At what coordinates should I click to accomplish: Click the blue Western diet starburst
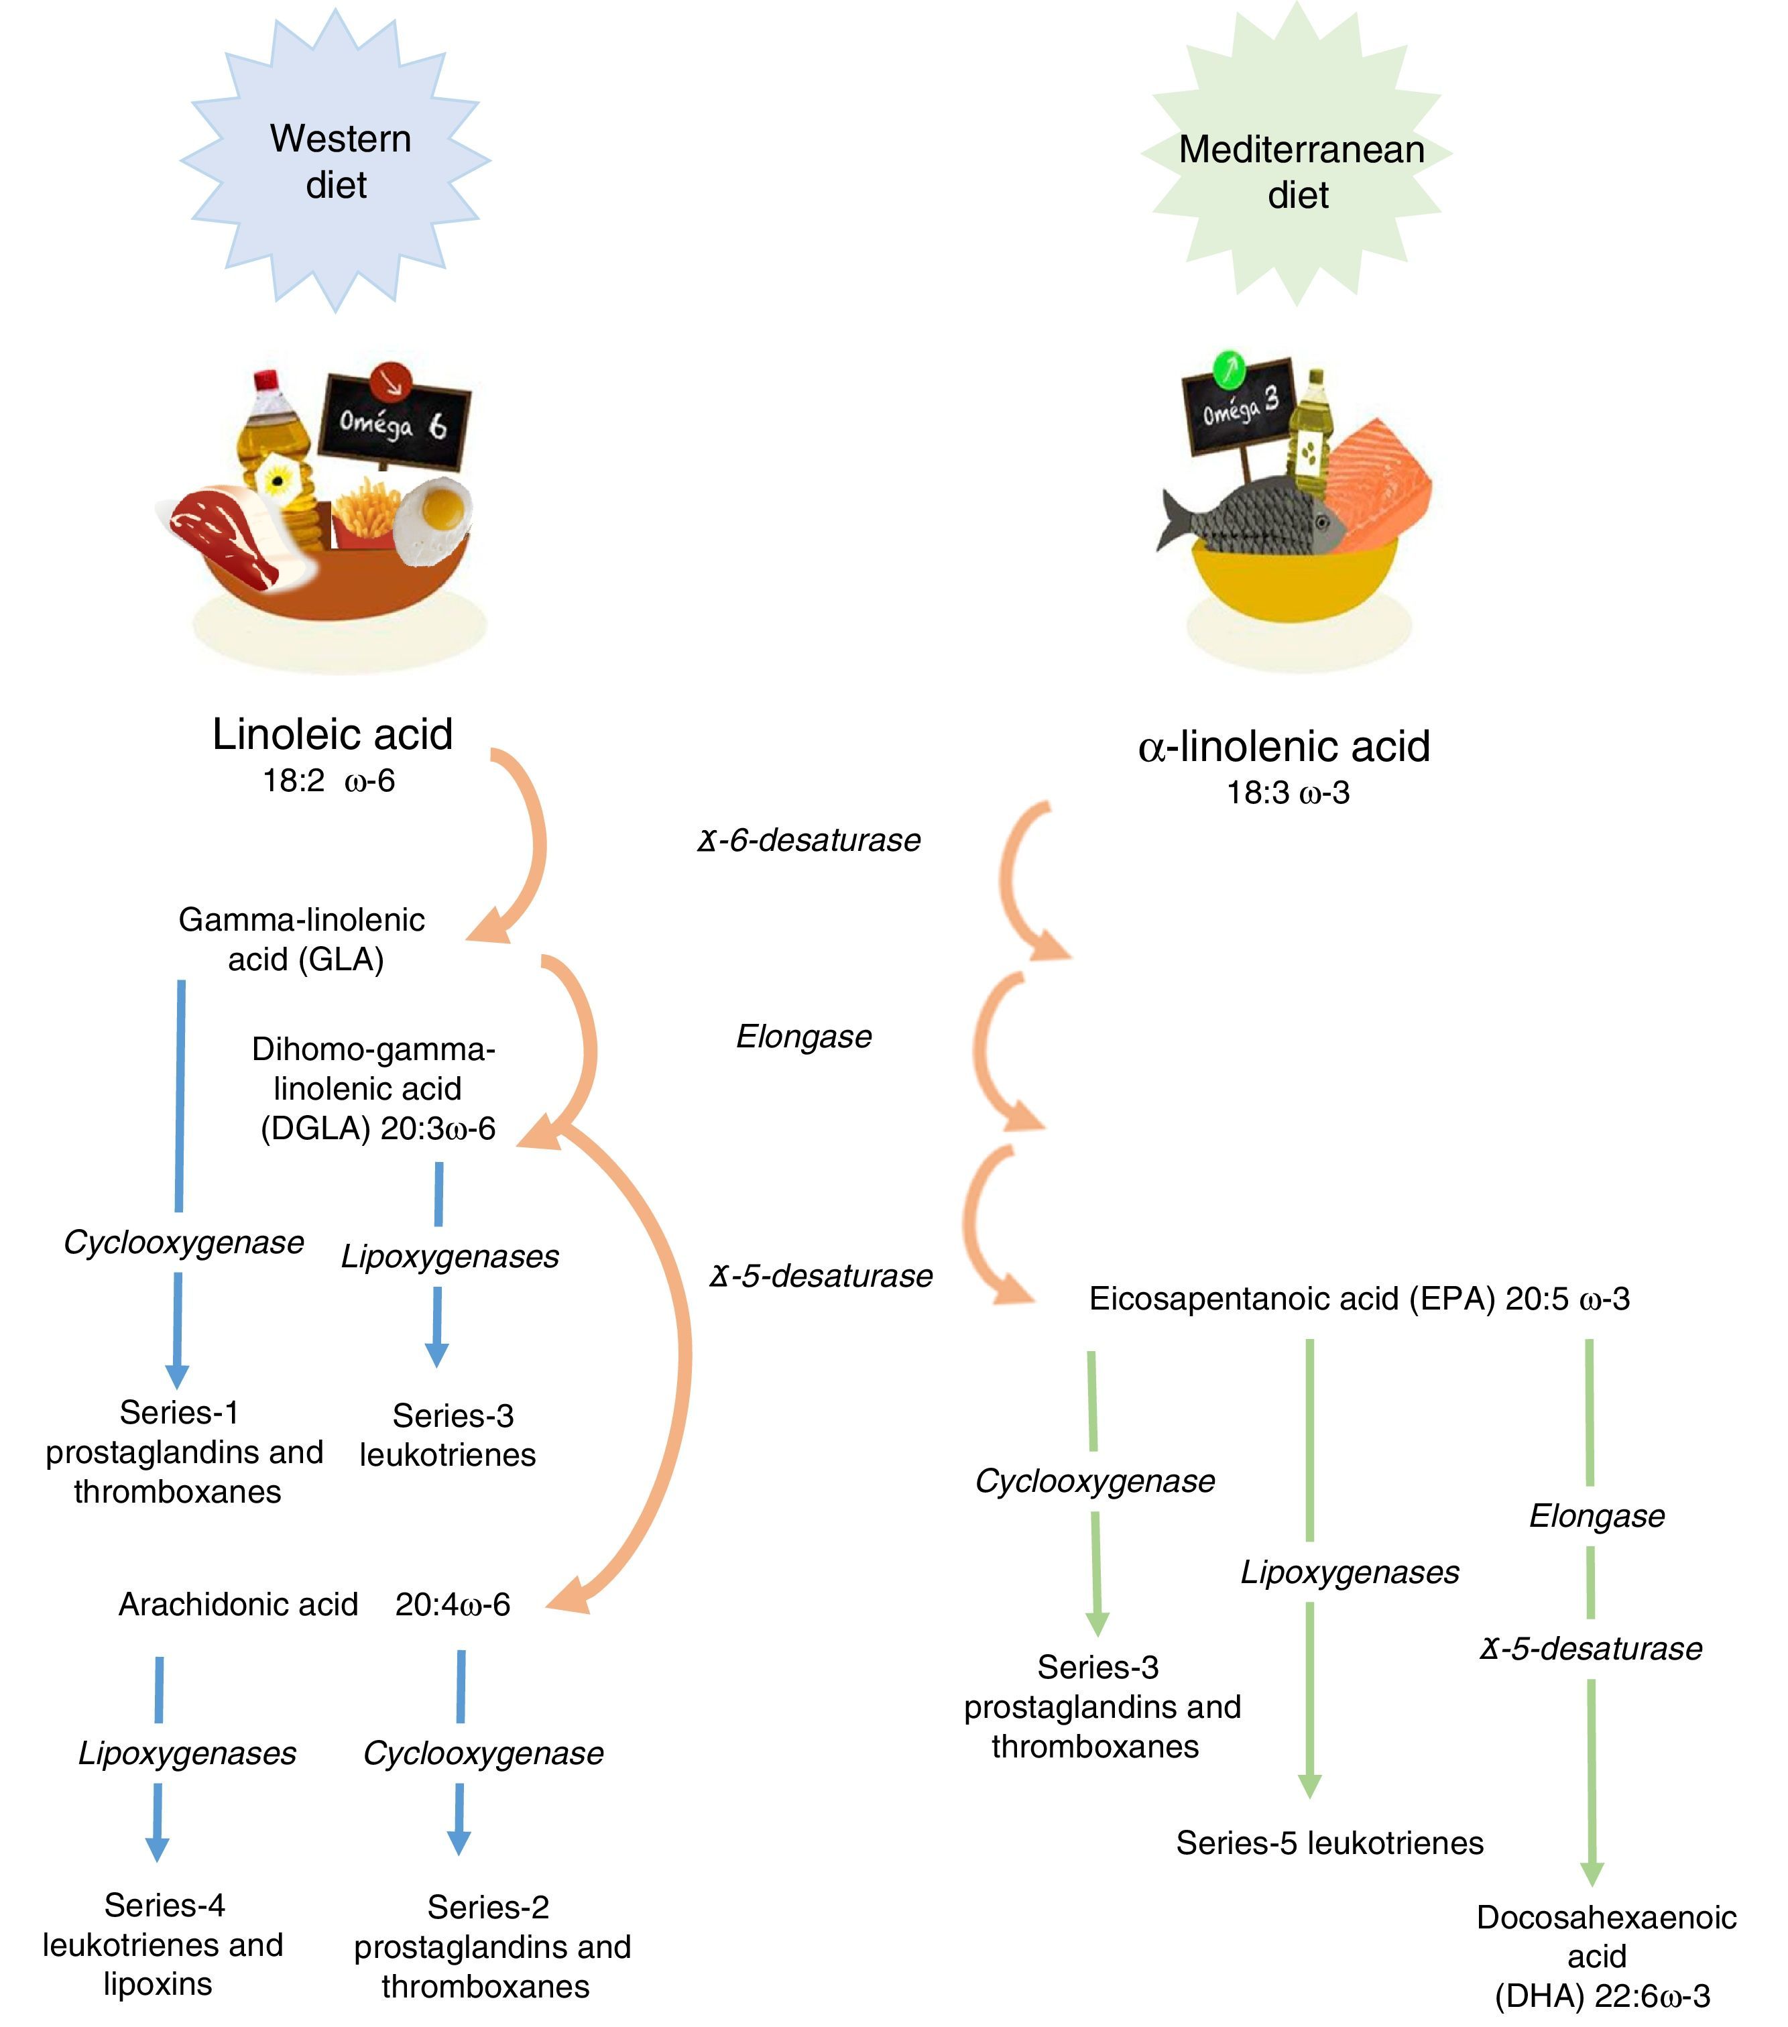[335, 161]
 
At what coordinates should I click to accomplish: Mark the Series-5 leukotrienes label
[1329, 1843]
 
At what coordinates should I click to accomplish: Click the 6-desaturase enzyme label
[809, 841]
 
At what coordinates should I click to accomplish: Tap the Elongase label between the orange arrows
[803, 1037]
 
